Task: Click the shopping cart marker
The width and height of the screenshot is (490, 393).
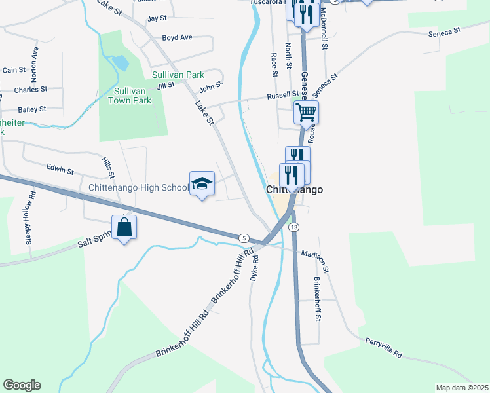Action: (306, 113)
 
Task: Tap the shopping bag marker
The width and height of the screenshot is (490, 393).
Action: (124, 228)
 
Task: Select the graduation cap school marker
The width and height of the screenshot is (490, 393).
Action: (202, 185)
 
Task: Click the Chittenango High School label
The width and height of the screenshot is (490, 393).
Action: (138, 188)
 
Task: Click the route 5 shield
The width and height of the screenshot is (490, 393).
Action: (244, 238)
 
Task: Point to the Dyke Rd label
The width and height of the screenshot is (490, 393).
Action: (255, 267)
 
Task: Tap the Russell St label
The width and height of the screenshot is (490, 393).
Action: (282, 96)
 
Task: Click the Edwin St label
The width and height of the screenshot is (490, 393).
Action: (60, 170)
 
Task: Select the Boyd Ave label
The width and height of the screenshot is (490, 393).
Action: (177, 37)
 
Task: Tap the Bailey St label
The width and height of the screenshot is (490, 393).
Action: (32, 109)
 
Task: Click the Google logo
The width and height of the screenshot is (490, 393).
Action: (22, 385)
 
